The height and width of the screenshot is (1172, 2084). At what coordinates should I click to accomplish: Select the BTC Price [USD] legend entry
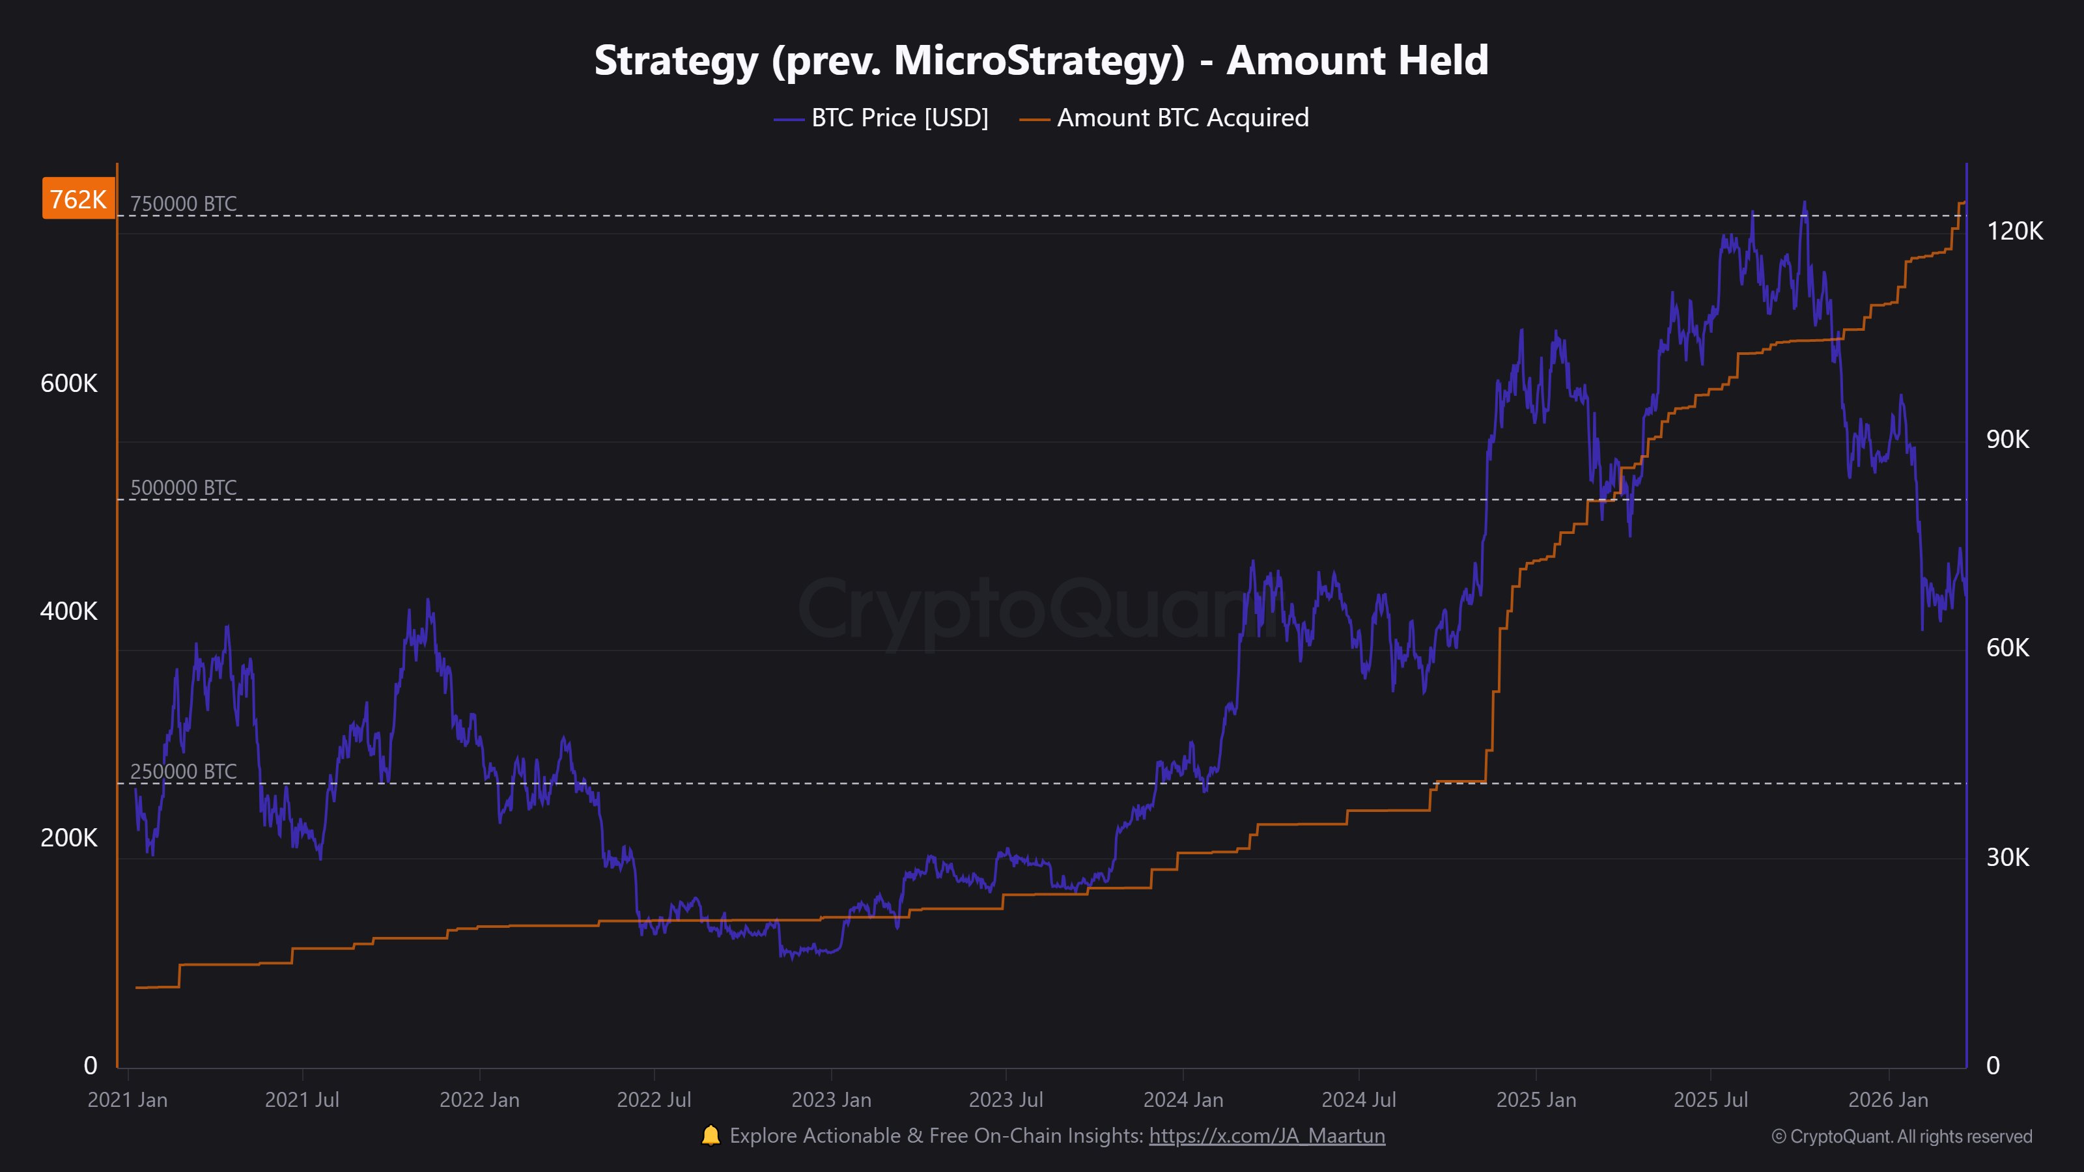coord(881,118)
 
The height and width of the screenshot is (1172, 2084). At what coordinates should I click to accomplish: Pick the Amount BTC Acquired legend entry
coord(1163,118)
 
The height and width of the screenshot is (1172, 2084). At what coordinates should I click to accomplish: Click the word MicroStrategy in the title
coord(1039,61)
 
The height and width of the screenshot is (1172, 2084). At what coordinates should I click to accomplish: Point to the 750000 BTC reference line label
coord(184,203)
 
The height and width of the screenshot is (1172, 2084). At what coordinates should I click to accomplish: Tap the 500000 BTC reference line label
coord(184,488)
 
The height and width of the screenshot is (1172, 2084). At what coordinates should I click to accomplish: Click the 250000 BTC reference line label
coord(184,772)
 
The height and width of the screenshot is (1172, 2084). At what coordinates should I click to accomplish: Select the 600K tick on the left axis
coord(69,384)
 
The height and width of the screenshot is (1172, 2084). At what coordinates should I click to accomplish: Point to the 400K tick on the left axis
coord(69,611)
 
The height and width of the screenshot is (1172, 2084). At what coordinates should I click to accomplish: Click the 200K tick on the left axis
coord(69,838)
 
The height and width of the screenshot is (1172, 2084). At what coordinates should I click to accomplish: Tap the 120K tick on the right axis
coord(2014,231)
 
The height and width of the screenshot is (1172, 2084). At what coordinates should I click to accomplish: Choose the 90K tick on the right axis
coord(2008,439)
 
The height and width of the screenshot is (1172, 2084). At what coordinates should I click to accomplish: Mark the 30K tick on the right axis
coord(2008,858)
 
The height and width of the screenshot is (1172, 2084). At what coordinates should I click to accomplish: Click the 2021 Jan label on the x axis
coord(128,1100)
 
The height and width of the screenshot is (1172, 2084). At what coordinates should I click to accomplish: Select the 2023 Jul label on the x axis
coord(1006,1100)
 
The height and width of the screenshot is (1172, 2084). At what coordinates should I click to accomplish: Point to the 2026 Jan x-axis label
coord(1888,1100)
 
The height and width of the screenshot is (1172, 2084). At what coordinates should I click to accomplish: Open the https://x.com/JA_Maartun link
coord(1267,1136)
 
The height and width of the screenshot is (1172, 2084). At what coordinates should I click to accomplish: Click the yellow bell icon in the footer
coord(711,1136)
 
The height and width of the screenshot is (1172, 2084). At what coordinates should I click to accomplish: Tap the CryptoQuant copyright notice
coord(1901,1136)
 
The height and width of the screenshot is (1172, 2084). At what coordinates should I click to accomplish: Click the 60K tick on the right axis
coord(2008,648)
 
